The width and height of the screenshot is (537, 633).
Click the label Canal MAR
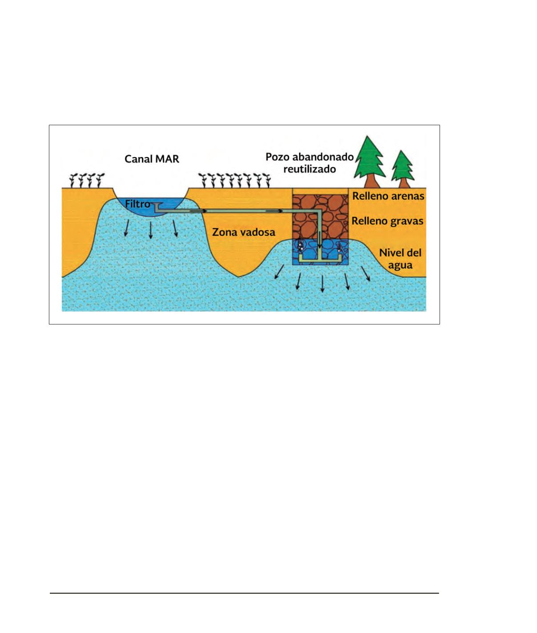click(x=152, y=159)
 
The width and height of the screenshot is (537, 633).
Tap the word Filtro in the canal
click(x=137, y=204)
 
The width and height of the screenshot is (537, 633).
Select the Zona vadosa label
click(x=243, y=232)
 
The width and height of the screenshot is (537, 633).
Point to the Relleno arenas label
click(x=388, y=196)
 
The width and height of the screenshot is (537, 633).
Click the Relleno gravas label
click(x=387, y=221)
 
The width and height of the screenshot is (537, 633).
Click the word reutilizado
click(x=309, y=169)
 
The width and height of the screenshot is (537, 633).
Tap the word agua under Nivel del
click(x=400, y=265)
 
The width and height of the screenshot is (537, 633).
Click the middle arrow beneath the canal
click(x=150, y=230)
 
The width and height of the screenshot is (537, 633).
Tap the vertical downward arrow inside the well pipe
click(x=319, y=240)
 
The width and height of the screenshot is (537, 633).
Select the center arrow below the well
click(x=322, y=283)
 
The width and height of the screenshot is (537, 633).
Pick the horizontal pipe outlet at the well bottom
click(x=320, y=259)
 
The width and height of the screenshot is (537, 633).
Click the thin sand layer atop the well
click(x=320, y=191)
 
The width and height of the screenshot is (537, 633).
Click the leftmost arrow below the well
click(x=279, y=272)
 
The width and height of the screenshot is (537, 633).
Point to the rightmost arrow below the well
click(x=365, y=274)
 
